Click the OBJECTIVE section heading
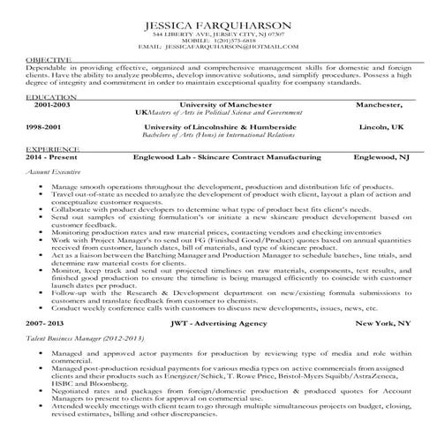[48, 59]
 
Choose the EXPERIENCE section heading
[52, 150]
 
